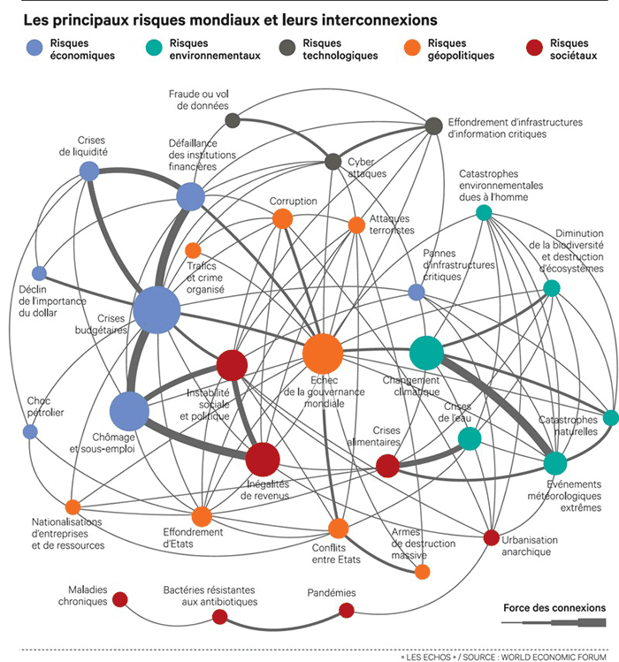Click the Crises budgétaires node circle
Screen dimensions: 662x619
157,309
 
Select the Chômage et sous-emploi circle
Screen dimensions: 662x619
130,411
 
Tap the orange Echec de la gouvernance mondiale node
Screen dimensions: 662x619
322,354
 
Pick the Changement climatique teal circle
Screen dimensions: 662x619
426,353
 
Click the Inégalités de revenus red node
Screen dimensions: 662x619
262,460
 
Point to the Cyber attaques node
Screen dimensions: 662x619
333,161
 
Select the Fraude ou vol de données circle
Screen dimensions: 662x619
233,120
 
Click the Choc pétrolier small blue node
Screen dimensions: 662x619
30,432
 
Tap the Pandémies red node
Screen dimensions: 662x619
347,610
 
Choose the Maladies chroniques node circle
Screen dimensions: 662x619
120,600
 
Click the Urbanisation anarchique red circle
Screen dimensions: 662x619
492,537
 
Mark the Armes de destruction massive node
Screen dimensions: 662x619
423,572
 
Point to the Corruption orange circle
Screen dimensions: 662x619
282,218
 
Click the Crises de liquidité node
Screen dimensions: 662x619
89,171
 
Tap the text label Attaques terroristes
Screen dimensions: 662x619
392,224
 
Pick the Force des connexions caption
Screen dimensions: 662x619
554,608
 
